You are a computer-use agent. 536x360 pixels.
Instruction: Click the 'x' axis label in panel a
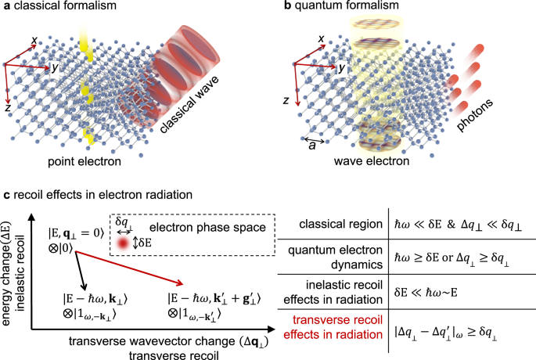click(x=34, y=38)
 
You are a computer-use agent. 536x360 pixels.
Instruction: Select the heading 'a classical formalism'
click(x=56, y=7)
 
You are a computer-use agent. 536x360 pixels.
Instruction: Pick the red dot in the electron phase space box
click(x=123, y=245)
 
